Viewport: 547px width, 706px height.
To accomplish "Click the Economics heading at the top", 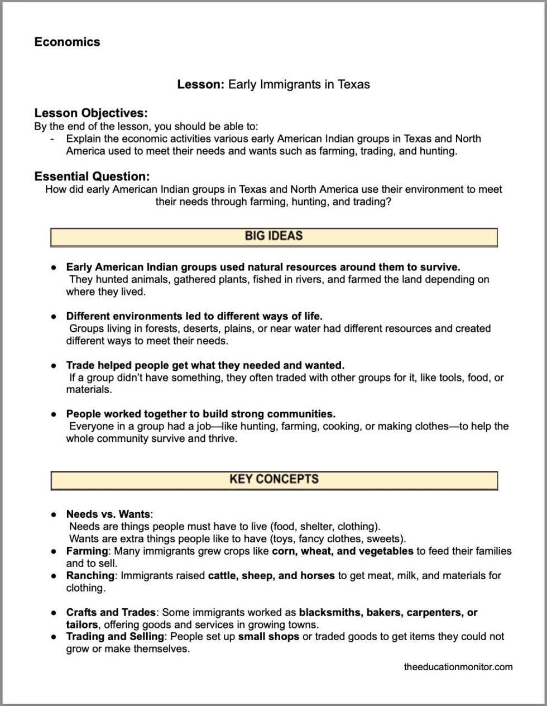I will pyautogui.click(x=67, y=42).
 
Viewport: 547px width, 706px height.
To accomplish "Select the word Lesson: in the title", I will pyautogui.click(x=201, y=84).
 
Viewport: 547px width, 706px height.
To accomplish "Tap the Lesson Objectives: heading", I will pyautogui.click(x=91, y=113).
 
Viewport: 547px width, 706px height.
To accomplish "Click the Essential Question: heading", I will pyautogui.click(x=92, y=176).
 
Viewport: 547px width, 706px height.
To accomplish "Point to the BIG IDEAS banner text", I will pyautogui.click(x=273, y=236).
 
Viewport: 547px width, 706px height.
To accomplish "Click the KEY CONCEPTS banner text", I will pyautogui.click(x=273, y=479).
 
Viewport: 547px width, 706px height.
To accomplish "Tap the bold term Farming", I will pyautogui.click(x=87, y=551).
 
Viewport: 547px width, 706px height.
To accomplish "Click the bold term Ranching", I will pyautogui.click(x=90, y=575).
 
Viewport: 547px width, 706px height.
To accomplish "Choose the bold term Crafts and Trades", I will pyautogui.click(x=111, y=612).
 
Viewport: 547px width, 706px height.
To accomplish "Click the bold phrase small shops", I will pyautogui.click(x=268, y=636).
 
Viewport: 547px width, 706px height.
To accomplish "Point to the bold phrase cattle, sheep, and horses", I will pyautogui.click(x=271, y=575).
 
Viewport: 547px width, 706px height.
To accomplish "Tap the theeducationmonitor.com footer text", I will pyautogui.click(x=458, y=666).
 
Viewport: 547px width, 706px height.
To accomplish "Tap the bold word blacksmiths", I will pyautogui.click(x=330, y=612).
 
